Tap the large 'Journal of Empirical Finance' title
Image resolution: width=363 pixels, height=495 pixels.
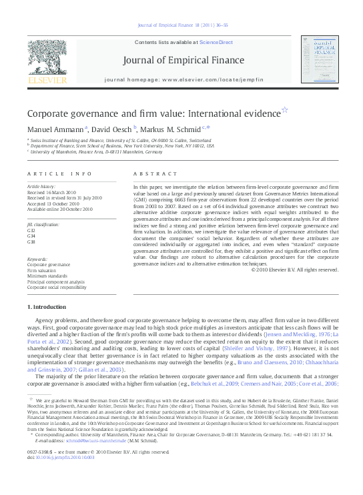(x=181, y=61)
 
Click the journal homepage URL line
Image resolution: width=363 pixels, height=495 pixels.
(x=181, y=79)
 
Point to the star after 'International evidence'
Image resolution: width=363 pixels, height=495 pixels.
(x=285, y=109)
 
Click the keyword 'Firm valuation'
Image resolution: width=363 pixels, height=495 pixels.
(x=42, y=270)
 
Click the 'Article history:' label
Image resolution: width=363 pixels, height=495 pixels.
(x=41, y=186)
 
